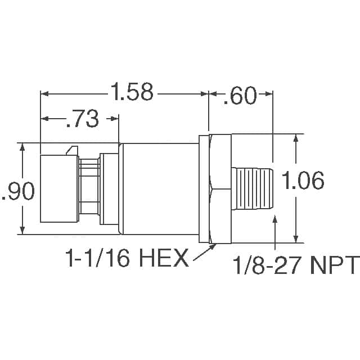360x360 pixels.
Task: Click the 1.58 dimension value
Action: tap(132, 92)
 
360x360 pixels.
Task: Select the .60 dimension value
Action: tap(240, 95)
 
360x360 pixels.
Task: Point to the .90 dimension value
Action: tap(19, 191)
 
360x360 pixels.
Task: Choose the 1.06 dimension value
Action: tap(303, 181)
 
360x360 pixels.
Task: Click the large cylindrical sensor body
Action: tap(160, 188)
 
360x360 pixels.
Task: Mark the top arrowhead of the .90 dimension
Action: tap(22, 146)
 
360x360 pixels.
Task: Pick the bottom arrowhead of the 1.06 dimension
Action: tap(296, 238)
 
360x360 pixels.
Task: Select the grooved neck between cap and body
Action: tap(89, 188)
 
